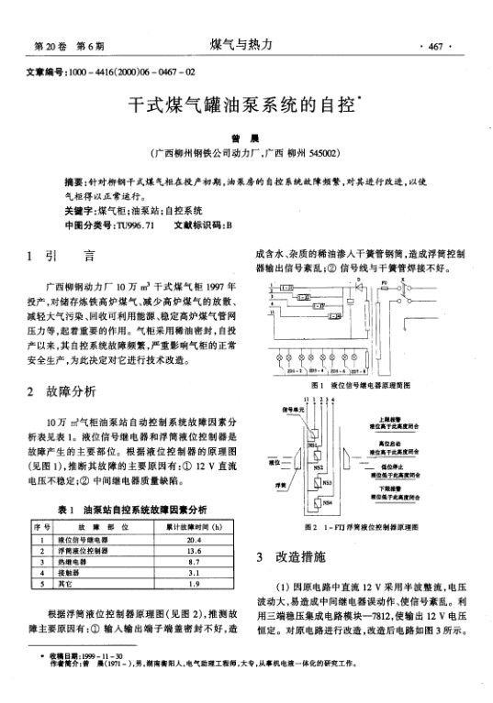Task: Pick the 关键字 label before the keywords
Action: tap(66, 211)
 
